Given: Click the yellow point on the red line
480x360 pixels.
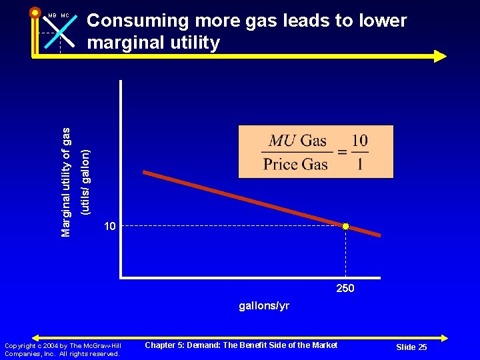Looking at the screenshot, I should (345, 227).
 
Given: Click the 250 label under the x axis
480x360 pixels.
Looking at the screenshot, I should (345, 289).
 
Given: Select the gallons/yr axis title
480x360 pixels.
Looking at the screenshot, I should (264, 306).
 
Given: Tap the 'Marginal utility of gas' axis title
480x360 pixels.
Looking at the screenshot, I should (65, 172).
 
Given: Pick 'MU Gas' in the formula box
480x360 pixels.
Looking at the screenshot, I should (297, 141).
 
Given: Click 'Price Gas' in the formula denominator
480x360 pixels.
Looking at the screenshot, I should (295, 164).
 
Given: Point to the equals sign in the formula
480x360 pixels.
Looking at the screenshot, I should (341, 152).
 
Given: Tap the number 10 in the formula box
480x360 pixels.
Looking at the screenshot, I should (359, 141).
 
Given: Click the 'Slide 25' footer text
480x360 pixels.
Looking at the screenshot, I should (411, 347).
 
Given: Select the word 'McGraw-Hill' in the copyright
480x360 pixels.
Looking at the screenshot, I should (103, 345).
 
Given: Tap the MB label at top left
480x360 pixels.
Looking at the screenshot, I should (51, 15).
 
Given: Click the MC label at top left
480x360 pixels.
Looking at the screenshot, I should (65, 15).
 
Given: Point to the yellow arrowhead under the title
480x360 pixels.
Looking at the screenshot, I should (440, 56).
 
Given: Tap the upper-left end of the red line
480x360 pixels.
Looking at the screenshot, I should (145, 173).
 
